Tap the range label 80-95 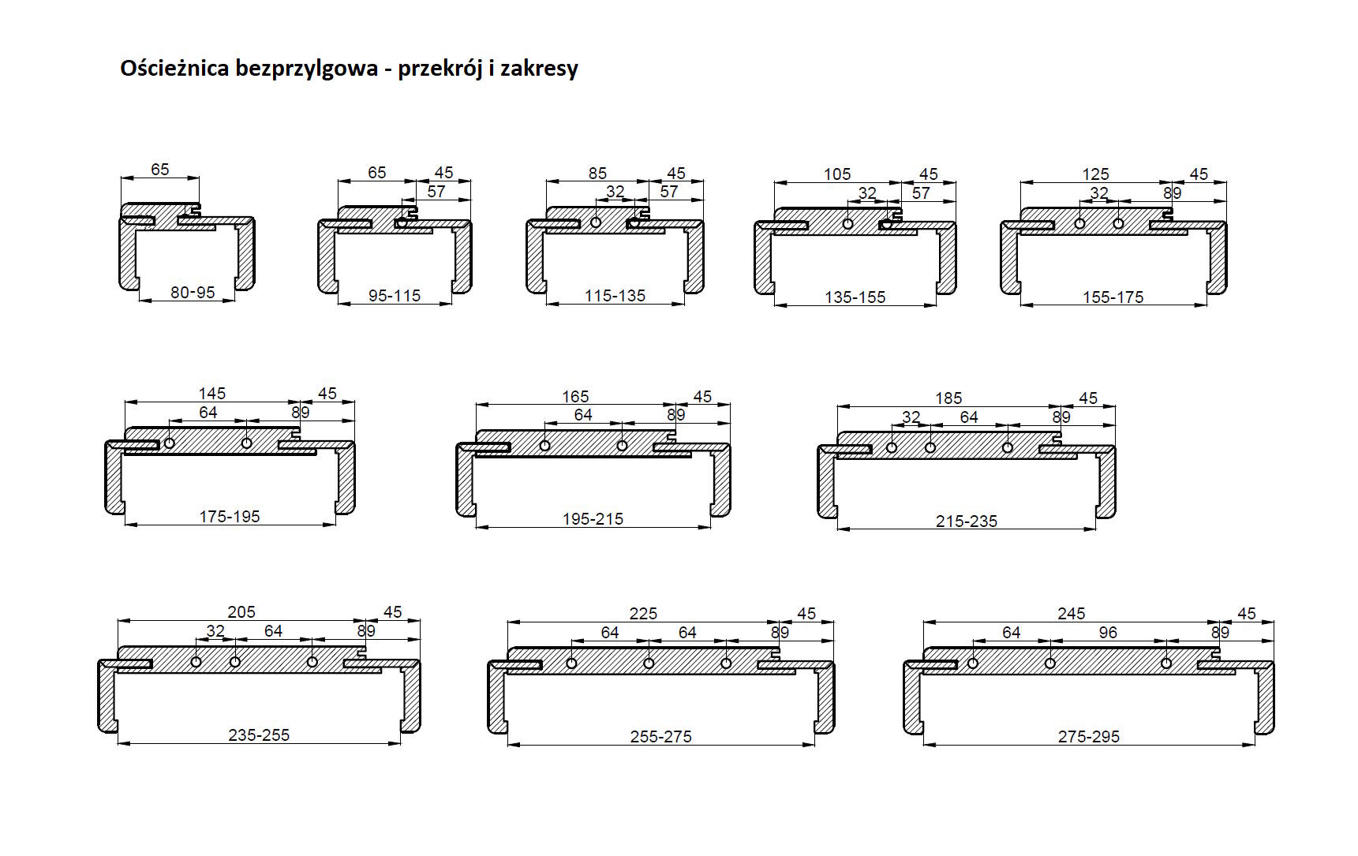(x=193, y=293)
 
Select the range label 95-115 (x=395, y=296)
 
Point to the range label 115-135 (x=615, y=296)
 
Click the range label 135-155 (x=855, y=297)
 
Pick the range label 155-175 (x=1113, y=297)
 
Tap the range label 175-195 (x=230, y=517)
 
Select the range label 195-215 (x=593, y=519)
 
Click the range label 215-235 (x=967, y=521)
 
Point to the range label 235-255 (x=259, y=735)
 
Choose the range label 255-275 (x=660, y=737)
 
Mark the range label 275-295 (x=1089, y=737)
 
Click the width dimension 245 (x=1072, y=614)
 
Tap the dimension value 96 (x=1108, y=633)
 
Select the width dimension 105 (x=837, y=174)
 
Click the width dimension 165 (x=575, y=397)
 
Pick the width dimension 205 (x=241, y=612)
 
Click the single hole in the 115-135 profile (x=596, y=222)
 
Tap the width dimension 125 (x=1095, y=174)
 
